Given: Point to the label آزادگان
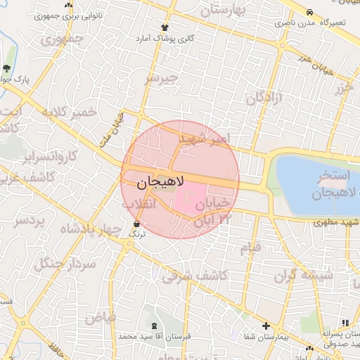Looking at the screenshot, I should point(264,98).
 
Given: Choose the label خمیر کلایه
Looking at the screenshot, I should point(68,112).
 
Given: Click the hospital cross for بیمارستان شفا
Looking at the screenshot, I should point(266,326).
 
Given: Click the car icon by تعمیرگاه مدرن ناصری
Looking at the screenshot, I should point(309,12).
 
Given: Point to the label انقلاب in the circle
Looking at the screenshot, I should point(139,203).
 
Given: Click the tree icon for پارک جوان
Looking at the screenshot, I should point(7,68).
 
